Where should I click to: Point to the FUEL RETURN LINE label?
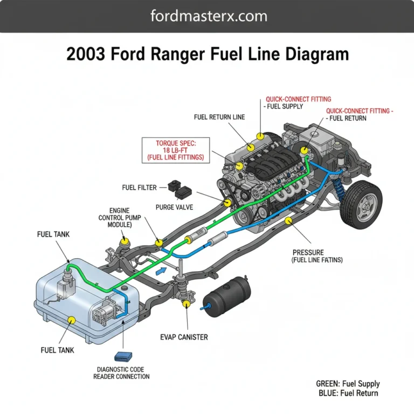(219, 117)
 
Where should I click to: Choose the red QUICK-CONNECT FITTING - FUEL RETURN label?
(359, 114)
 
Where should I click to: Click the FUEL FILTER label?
(139, 188)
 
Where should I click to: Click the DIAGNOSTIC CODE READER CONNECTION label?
(121, 372)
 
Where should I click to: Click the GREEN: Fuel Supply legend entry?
(348, 384)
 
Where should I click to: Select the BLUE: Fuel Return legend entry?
(348, 393)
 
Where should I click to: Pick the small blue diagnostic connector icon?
(122, 356)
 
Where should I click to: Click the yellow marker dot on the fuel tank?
(71, 320)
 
